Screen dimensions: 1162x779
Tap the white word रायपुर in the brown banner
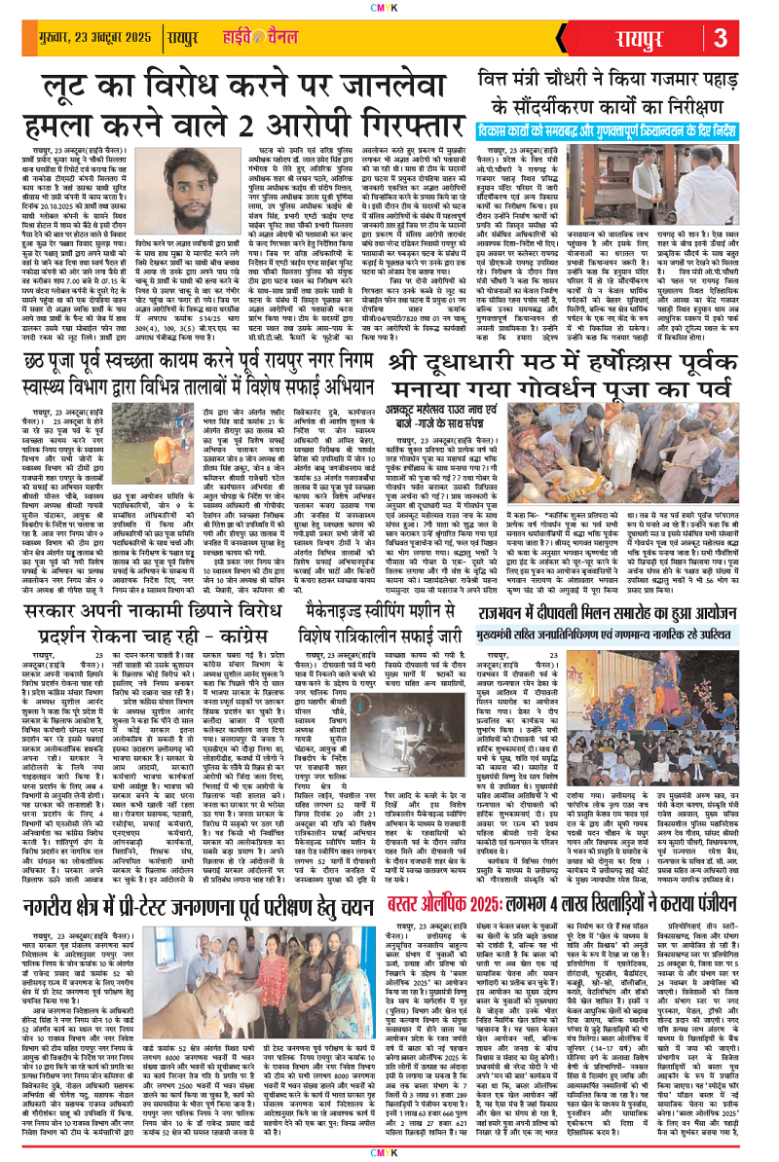(x=646, y=40)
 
